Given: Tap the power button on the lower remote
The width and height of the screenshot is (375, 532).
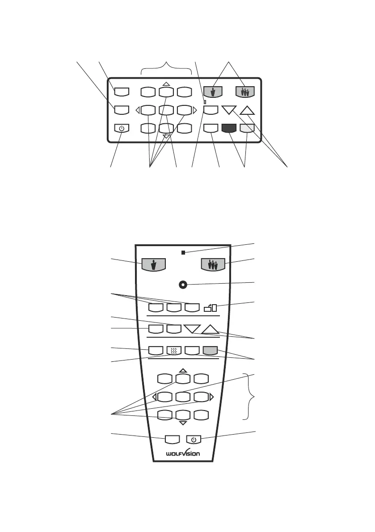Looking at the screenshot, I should [194, 440].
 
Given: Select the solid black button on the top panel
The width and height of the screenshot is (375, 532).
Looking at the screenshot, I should [228, 128].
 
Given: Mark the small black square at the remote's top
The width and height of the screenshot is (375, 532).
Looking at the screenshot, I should [183, 253].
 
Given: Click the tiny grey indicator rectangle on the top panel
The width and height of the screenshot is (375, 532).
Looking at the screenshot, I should [204, 102].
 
